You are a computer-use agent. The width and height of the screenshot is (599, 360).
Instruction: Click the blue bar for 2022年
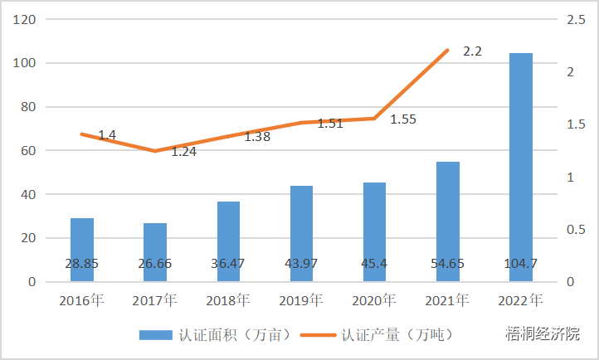coord(520,166)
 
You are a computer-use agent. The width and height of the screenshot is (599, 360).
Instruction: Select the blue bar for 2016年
coord(82,249)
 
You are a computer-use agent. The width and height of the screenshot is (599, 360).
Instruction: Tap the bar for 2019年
coord(301,233)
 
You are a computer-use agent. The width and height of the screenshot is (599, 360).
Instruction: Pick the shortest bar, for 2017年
coord(155,252)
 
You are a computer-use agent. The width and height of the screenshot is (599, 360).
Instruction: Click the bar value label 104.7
coord(520,264)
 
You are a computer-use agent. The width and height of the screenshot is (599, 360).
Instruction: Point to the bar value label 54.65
coord(447,264)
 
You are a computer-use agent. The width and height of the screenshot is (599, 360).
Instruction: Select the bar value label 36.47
coord(228,264)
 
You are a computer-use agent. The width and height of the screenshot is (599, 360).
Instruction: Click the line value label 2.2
coord(472,51)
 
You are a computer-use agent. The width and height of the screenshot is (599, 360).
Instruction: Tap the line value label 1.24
coord(183,152)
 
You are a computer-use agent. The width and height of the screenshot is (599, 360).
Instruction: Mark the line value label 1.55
coord(403,119)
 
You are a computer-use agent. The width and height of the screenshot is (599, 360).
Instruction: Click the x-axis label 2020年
coord(374,299)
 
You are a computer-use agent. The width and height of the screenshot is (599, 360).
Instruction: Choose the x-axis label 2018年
coord(228,299)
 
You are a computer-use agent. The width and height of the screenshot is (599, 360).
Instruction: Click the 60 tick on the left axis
coord(28,150)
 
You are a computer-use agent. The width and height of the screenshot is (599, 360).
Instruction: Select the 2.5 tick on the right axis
coord(576,19)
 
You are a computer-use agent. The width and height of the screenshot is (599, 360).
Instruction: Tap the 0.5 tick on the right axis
coord(576,230)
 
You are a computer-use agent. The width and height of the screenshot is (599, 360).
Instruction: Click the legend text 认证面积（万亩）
coord(236,335)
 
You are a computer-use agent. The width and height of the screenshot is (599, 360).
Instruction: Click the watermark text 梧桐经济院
coord(543,334)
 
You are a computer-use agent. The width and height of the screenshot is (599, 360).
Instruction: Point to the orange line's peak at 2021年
coord(448,51)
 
